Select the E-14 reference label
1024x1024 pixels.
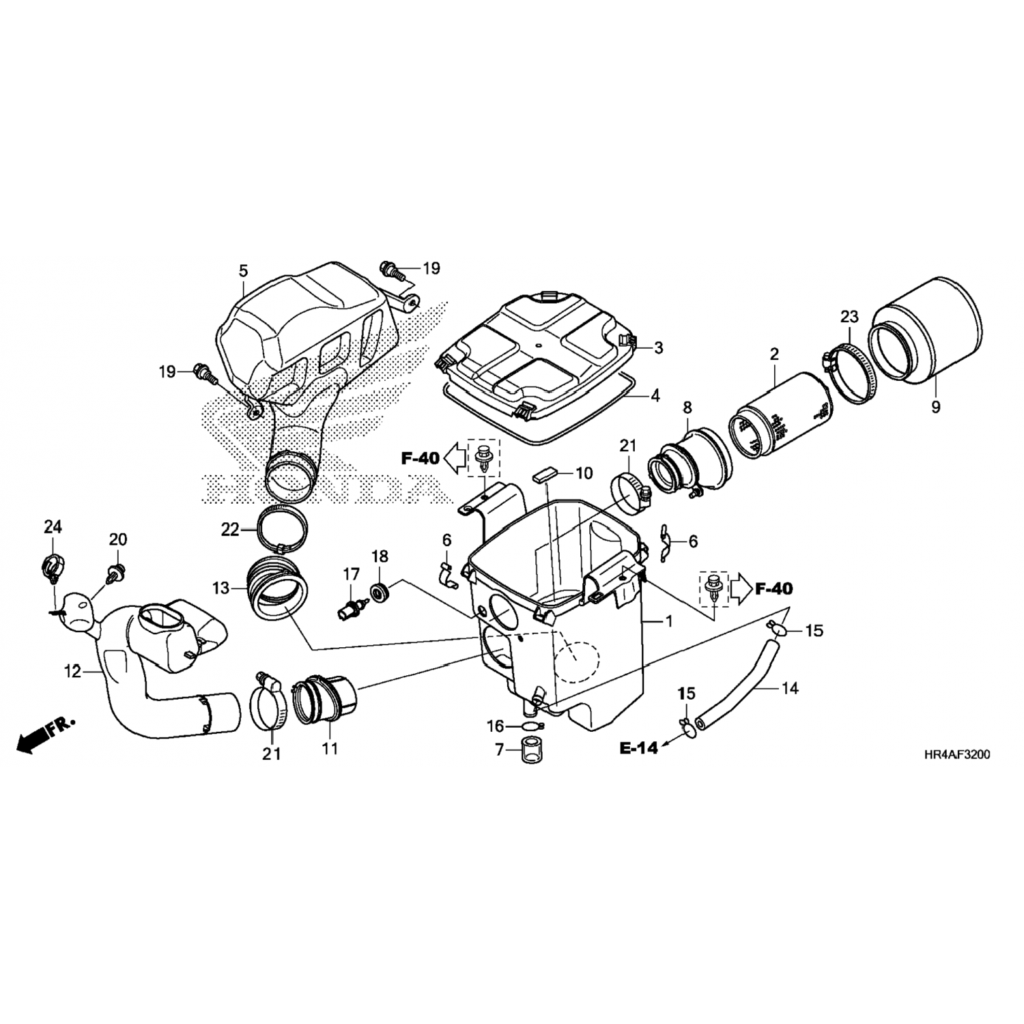639,748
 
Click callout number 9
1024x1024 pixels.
935,408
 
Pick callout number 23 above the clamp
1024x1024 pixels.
849,317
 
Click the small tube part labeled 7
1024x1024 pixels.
531,750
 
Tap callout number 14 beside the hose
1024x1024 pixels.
789,688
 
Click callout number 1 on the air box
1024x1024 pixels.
669,621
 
